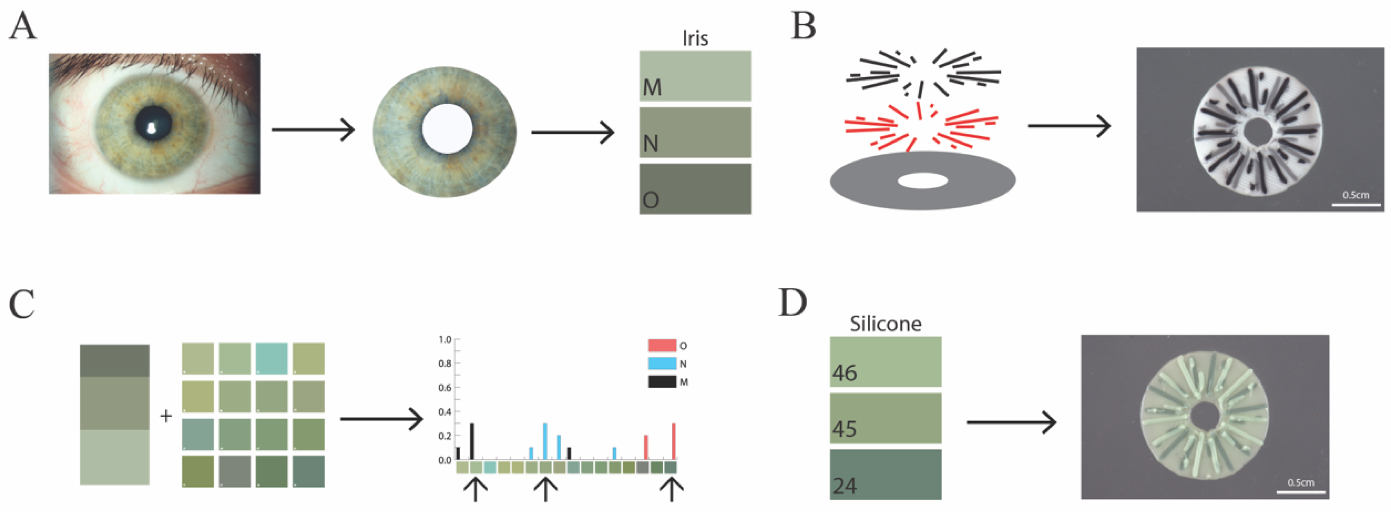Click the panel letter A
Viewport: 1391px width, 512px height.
tap(23, 26)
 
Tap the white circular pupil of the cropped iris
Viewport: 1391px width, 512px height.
tap(447, 129)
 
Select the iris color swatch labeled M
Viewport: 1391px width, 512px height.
tap(695, 76)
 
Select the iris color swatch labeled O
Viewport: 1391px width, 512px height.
tap(695, 189)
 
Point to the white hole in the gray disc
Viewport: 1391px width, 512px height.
tap(922, 181)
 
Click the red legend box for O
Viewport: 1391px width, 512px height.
tap(662, 345)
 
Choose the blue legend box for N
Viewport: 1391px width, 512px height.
tap(662, 364)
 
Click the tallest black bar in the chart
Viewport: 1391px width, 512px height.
tap(472, 441)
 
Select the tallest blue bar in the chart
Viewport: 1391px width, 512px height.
tap(545, 441)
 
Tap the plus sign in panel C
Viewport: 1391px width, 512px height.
tap(166, 416)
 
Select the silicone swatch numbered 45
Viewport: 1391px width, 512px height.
tap(886, 418)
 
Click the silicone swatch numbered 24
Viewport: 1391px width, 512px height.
tap(886, 475)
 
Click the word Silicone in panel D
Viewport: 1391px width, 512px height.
tap(886, 324)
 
